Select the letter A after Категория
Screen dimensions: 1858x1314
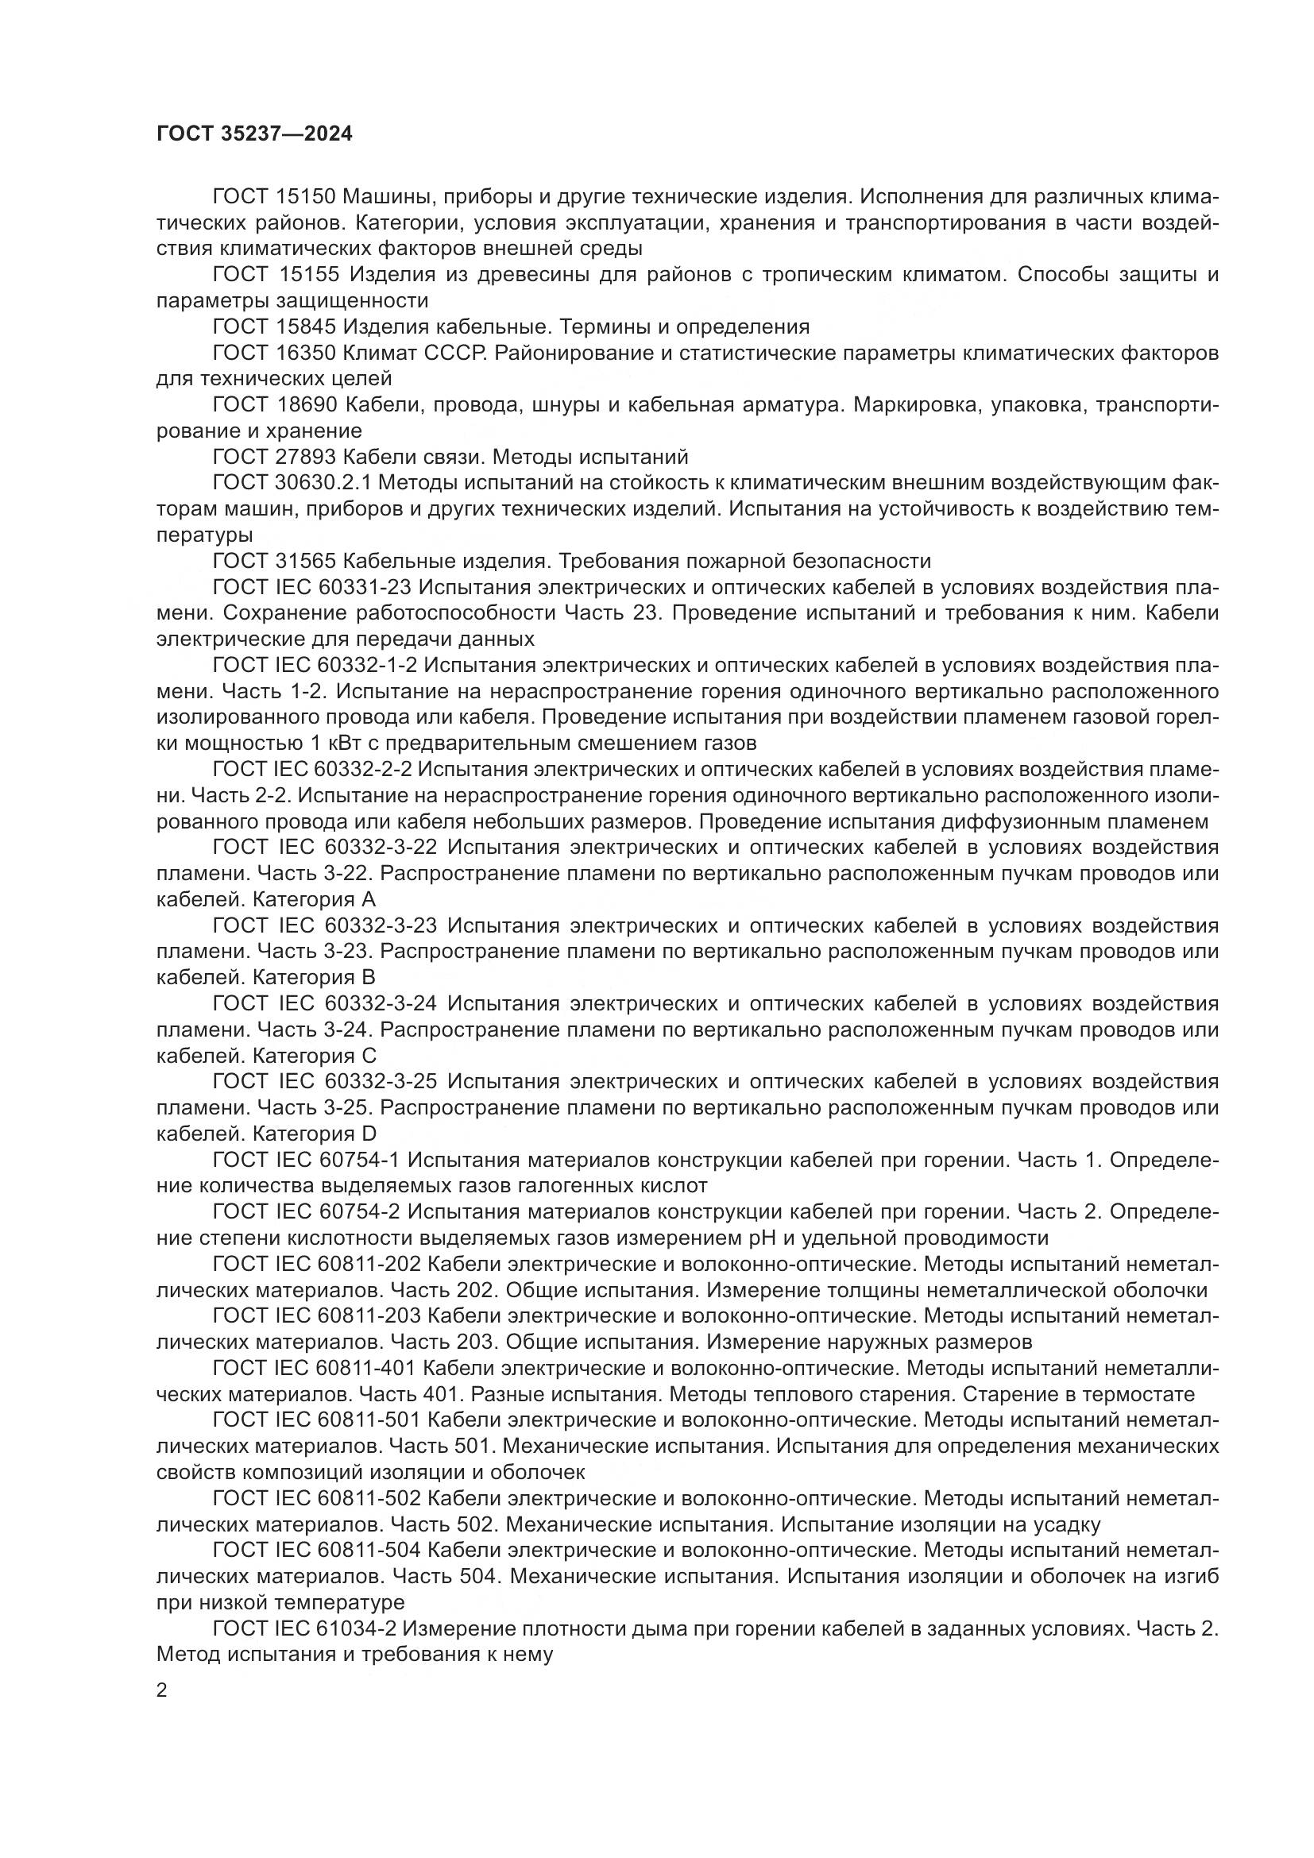click(x=368, y=899)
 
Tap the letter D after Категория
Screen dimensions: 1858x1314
click(x=369, y=1134)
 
